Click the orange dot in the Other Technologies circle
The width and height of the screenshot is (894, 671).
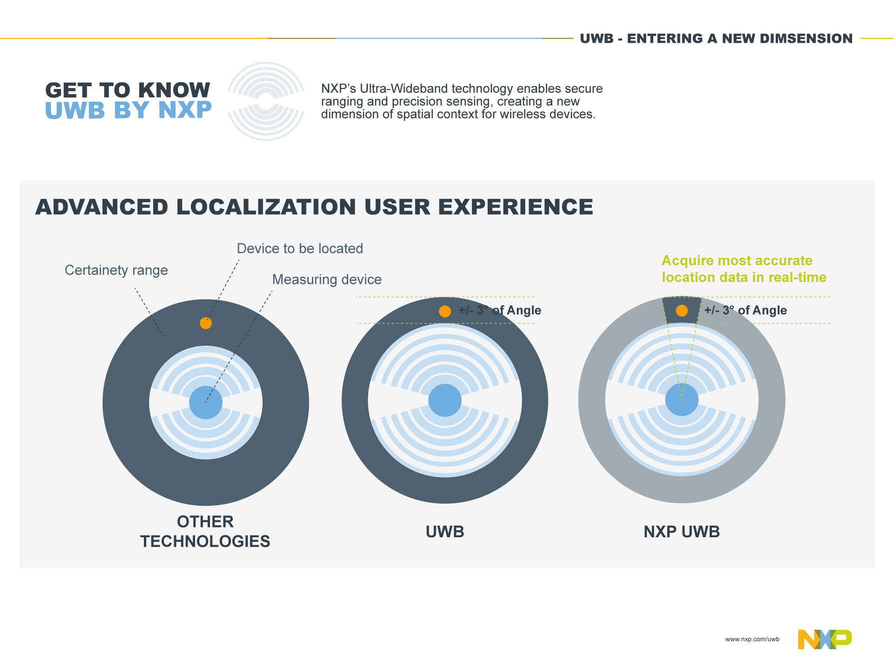[206, 323]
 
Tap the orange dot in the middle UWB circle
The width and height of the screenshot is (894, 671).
[445, 311]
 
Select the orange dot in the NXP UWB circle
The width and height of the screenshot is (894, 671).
[682, 311]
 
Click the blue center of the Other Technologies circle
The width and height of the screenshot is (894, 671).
[206, 403]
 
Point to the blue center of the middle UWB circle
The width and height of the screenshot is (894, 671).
[445, 400]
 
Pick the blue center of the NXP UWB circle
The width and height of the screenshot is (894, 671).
[682, 400]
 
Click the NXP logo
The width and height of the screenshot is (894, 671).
[825, 639]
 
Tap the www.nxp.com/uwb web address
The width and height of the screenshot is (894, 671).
[752, 639]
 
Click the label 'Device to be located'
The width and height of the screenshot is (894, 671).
[300, 248]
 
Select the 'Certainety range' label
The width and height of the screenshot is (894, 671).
[116, 270]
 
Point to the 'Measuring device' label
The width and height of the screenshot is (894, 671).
[327, 280]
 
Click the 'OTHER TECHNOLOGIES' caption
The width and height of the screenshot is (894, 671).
[205, 531]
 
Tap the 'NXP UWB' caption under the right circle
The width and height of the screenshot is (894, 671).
[682, 532]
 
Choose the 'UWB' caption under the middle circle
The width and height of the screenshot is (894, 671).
[445, 532]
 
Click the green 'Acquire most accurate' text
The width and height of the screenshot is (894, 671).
[737, 260]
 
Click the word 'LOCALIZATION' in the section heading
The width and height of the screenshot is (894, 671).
[266, 207]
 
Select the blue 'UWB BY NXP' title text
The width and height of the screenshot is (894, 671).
[128, 110]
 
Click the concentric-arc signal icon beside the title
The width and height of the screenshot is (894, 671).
[266, 102]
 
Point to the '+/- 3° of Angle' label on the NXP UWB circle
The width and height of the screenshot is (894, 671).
[745, 310]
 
